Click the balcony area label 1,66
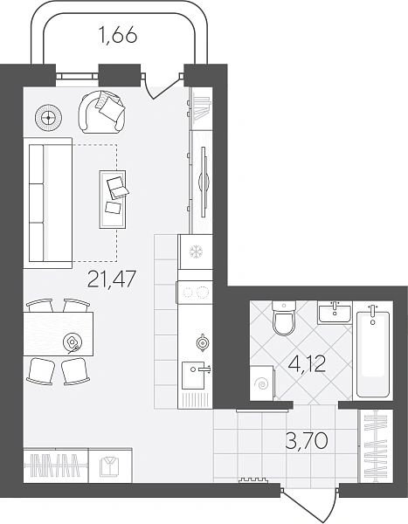tap(118, 35)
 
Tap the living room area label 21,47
tap(112, 279)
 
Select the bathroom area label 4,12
tap(307, 364)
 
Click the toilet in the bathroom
tap(284, 318)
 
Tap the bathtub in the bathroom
tap(373, 355)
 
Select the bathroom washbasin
tap(335, 313)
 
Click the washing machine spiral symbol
tap(262, 384)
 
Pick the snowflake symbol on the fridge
tap(196, 252)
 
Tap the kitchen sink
tap(193, 376)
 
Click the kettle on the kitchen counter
tap(203, 342)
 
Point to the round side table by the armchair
tap(49, 118)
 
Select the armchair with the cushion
tap(102, 113)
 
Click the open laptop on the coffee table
tap(117, 187)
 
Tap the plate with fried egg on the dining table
tap(73, 342)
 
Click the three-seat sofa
tap(48, 203)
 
